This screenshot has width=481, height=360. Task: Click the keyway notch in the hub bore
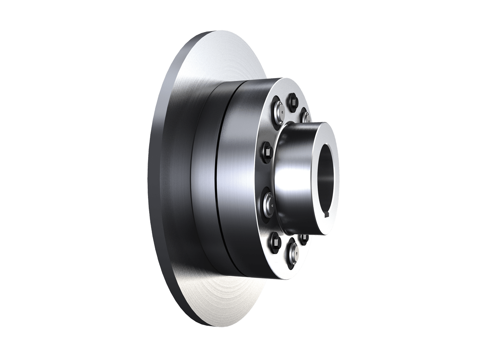click(x=328, y=214)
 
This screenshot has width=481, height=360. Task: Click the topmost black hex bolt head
click(x=292, y=101)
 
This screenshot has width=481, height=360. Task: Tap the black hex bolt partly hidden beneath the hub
click(x=304, y=238)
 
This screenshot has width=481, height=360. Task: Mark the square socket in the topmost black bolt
click(x=292, y=101)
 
